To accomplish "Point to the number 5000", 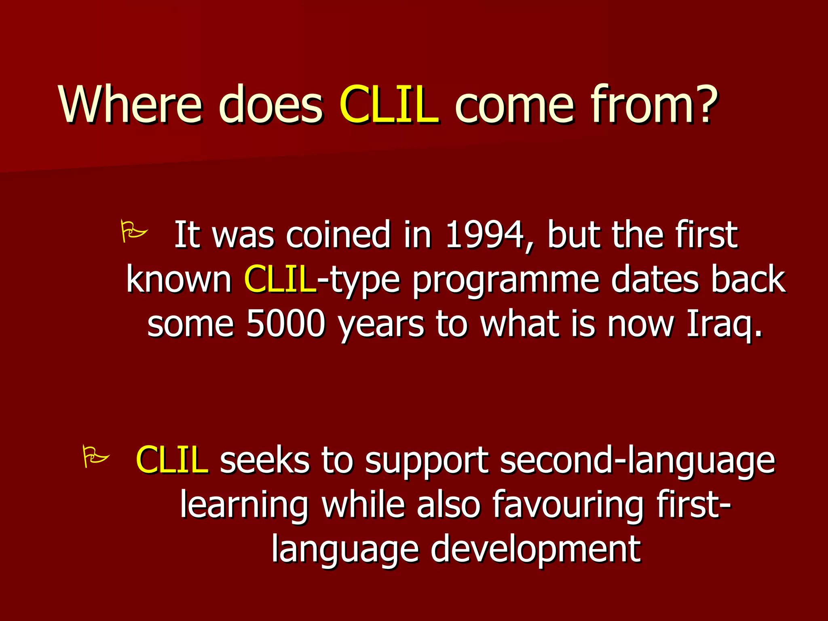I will pyautogui.click(x=285, y=324).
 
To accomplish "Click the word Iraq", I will pyautogui.click(x=724, y=325).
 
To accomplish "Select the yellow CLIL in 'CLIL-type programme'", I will pyautogui.click(x=280, y=279).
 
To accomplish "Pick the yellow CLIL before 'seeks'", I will pyautogui.click(x=172, y=460).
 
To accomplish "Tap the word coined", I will pyautogui.click(x=338, y=235).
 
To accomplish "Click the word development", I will pyautogui.click(x=535, y=550).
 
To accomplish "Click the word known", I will pyautogui.click(x=179, y=279).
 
